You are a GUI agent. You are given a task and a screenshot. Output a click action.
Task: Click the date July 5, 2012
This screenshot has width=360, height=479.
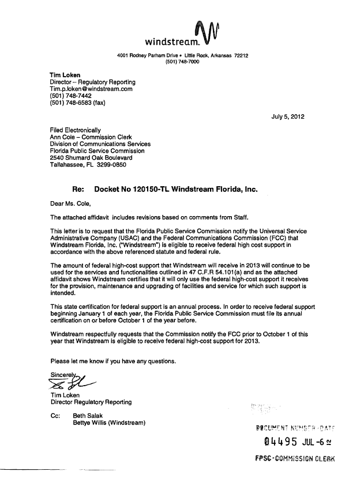pyautogui.click(x=288, y=117)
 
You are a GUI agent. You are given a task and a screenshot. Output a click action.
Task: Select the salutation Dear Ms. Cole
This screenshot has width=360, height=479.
pyautogui.click(x=71, y=202)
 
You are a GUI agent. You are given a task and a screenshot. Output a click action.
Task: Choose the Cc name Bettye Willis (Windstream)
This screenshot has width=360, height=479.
pyautogui.click(x=108, y=423)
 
